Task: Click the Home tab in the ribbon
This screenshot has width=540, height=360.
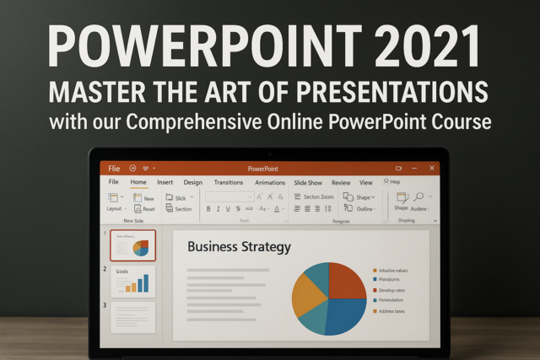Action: (x=138, y=182)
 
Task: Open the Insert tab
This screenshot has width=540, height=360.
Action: (x=165, y=182)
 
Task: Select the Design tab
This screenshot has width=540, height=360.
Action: (x=193, y=182)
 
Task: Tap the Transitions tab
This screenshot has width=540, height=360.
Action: (x=228, y=182)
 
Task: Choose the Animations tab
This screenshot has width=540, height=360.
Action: (x=270, y=182)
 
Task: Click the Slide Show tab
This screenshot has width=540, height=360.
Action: (x=308, y=182)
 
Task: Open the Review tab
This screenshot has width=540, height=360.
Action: (x=341, y=182)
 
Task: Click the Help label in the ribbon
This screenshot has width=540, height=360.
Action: (x=392, y=181)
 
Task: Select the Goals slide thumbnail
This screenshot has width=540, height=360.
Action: (x=133, y=282)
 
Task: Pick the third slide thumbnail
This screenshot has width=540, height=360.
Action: (x=133, y=318)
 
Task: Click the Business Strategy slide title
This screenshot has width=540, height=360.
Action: (x=239, y=247)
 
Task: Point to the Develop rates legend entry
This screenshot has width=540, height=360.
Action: (x=393, y=289)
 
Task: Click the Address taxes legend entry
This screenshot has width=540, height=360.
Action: (x=393, y=311)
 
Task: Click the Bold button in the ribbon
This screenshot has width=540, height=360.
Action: (x=208, y=208)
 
